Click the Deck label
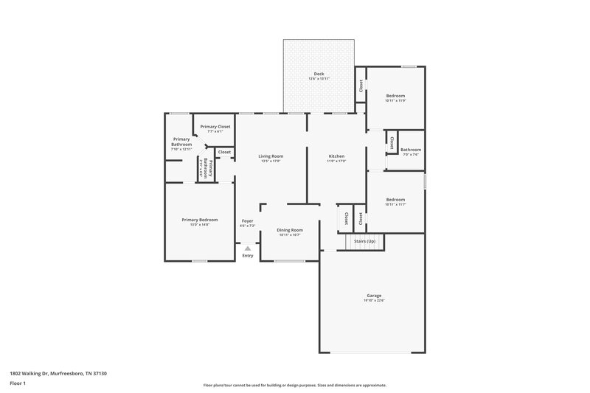319,73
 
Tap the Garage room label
374,295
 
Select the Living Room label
271,156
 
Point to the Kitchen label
336,156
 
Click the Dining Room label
290,229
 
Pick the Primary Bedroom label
200,219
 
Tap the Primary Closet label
215,127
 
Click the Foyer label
248,220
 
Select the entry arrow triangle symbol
248,248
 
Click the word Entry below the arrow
248,256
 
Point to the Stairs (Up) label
364,241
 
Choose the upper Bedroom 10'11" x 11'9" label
395,96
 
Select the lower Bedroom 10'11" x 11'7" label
395,199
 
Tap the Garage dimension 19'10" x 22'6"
374,300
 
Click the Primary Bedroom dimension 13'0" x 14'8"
200,224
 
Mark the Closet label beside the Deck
361,86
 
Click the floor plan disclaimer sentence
294,385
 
